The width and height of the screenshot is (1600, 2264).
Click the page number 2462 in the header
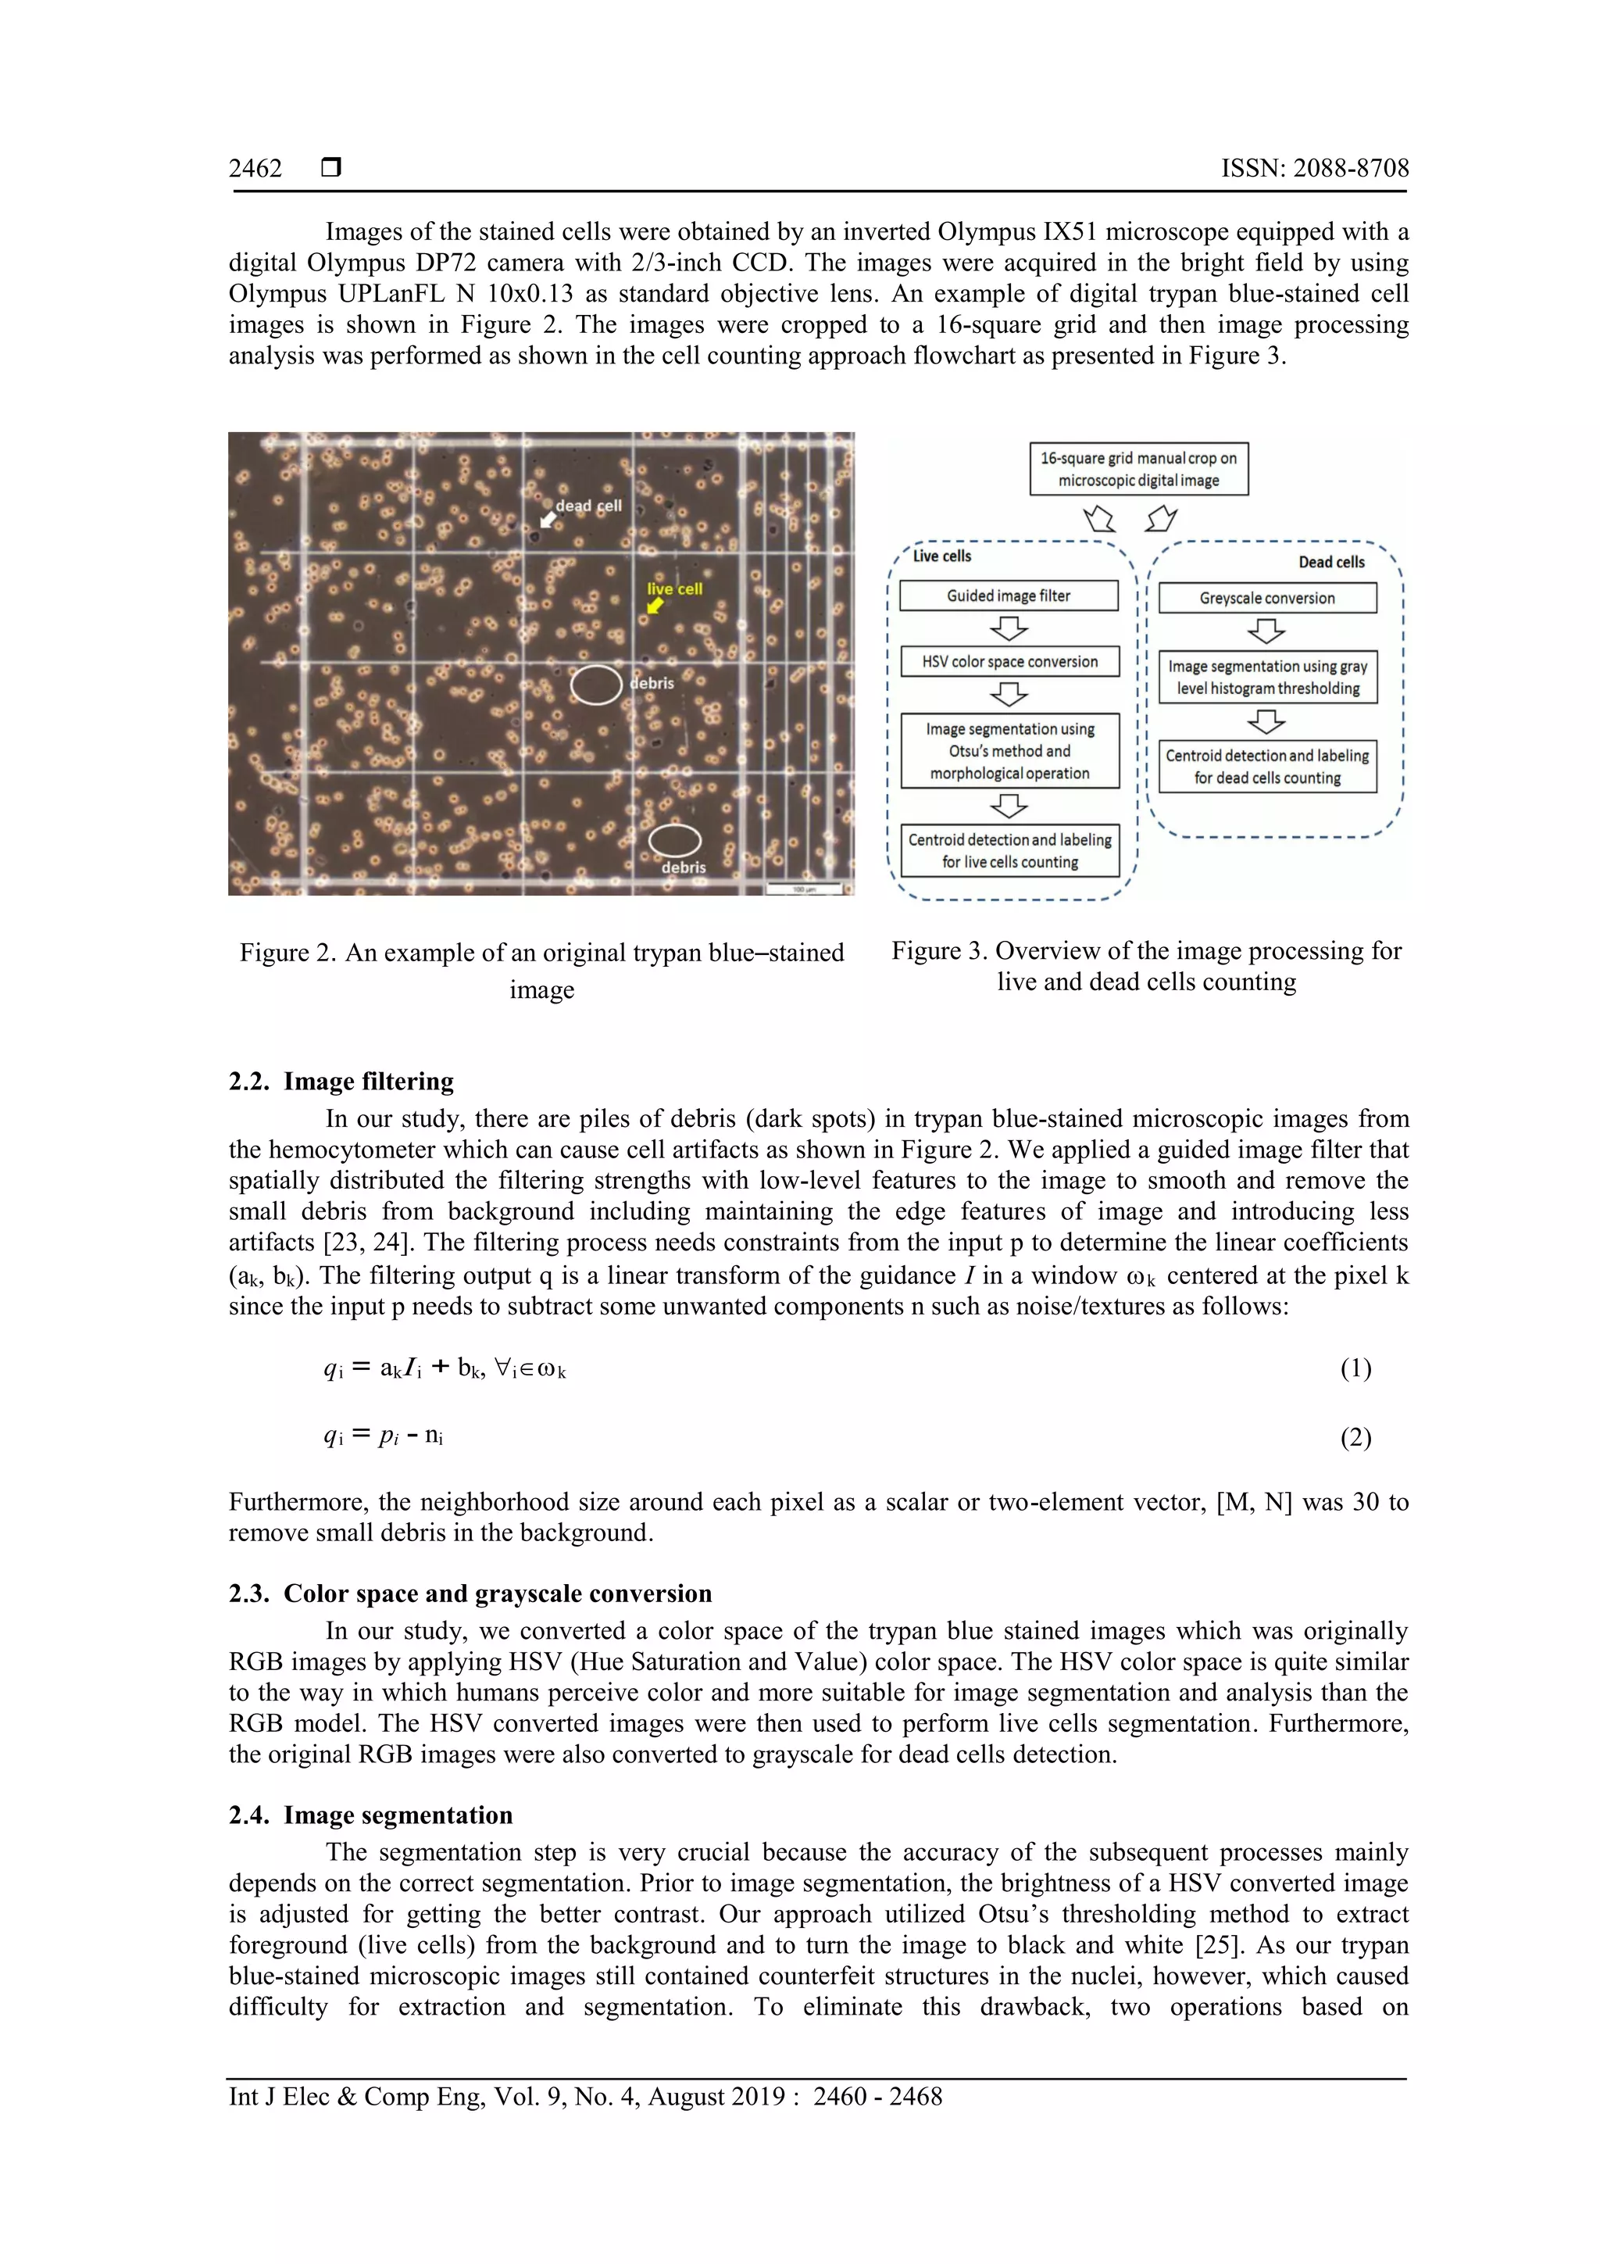click(x=255, y=169)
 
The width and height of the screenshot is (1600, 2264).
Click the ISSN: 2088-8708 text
click(x=1314, y=169)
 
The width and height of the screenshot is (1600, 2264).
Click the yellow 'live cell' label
click(x=674, y=588)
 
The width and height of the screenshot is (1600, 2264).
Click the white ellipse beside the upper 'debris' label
click(x=596, y=685)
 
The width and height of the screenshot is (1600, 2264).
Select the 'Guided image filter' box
click(x=1009, y=596)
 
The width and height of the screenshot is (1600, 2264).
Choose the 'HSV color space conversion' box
click(x=1009, y=662)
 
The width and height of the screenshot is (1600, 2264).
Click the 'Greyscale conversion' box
click(x=1266, y=598)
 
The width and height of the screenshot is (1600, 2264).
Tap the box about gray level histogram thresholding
click(x=1266, y=678)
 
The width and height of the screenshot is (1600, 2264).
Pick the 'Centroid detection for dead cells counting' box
click(x=1266, y=766)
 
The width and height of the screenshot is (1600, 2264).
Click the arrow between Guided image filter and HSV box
click(x=1009, y=628)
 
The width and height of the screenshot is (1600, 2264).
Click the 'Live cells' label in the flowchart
click(x=941, y=556)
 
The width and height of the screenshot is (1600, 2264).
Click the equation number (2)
click(x=1355, y=1438)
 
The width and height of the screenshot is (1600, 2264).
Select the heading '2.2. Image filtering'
click(x=341, y=1082)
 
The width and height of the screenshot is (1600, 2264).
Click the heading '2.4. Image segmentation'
click(x=370, y=1815)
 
